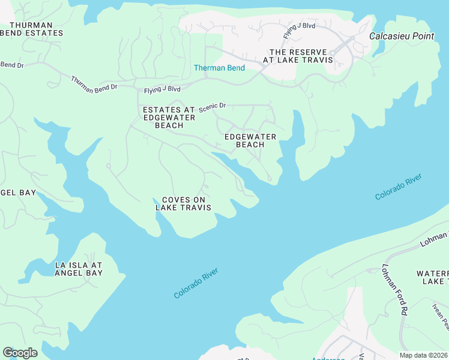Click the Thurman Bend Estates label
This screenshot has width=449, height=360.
31,29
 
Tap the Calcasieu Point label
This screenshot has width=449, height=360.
401,36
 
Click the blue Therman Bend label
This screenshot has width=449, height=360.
219,68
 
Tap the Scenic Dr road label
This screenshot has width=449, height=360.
212,106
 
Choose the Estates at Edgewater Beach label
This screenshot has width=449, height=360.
169,117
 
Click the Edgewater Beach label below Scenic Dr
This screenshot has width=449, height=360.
250,141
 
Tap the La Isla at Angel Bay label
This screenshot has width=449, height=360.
78,269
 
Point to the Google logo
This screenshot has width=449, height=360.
20,353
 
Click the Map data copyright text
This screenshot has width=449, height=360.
423,355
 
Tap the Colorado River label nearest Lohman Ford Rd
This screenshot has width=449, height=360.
398,187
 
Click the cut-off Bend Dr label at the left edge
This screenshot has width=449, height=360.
11,64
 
